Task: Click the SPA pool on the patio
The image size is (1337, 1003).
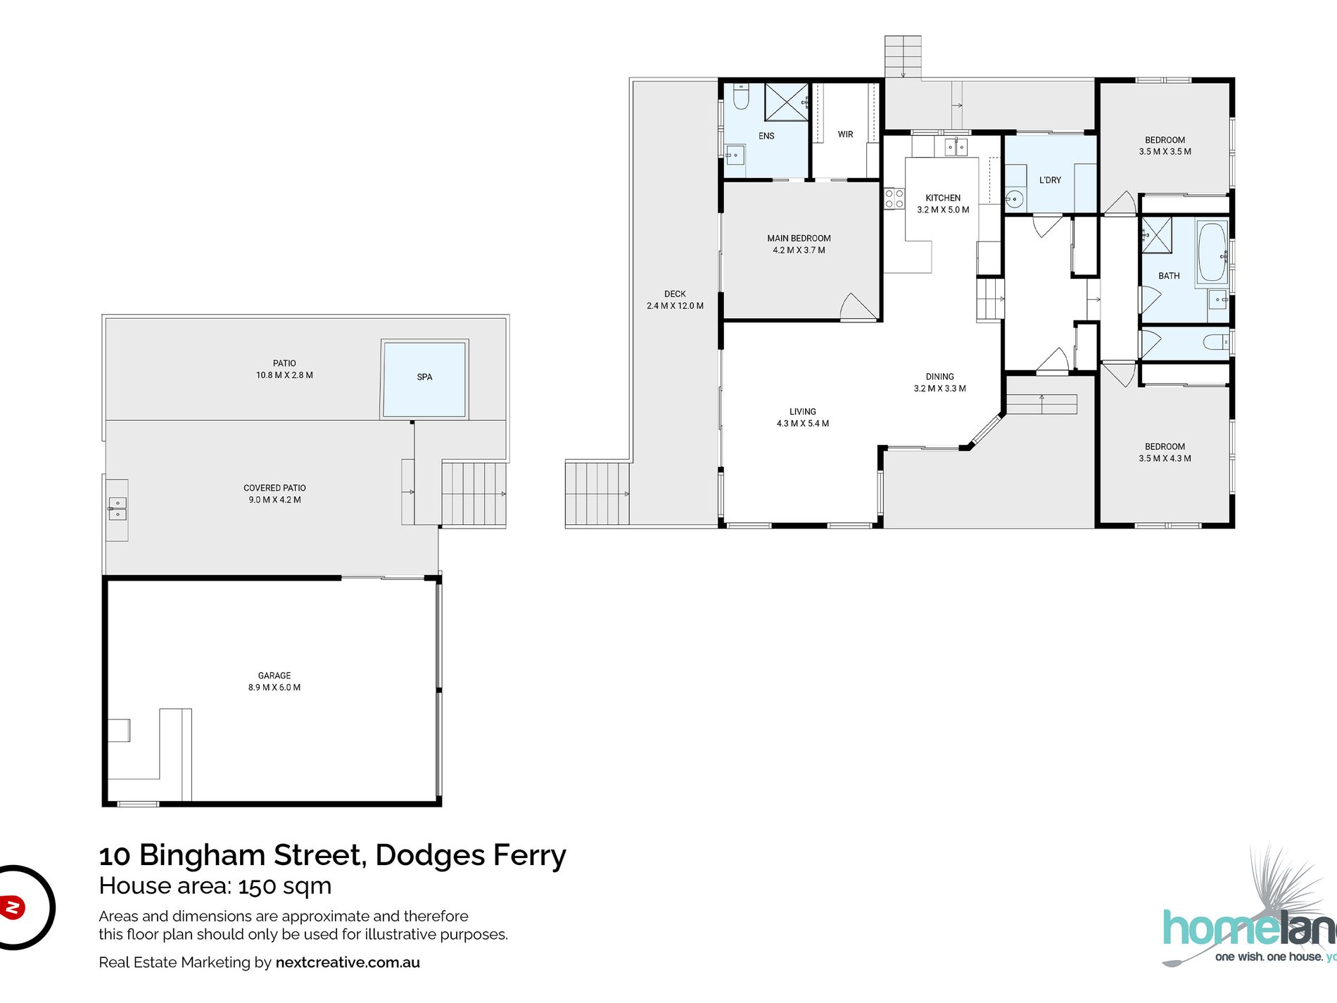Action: (x=424, y=379)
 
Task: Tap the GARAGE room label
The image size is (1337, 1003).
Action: (x=274, y=676)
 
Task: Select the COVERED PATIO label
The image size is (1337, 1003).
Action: (x=274, y=488)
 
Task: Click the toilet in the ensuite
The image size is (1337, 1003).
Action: (x=740, y=96)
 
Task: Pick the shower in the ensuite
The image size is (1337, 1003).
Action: (x=787, y=102)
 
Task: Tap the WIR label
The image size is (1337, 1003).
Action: (x=845, y=134)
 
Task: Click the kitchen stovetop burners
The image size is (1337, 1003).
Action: (x=894, y=198)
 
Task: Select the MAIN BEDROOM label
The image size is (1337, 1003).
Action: (x=799, y=239)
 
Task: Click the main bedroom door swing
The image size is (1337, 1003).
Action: (x=858, y=307)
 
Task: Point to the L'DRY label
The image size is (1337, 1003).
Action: (x=1050, y=180)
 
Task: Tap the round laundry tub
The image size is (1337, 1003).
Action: (x=1014, y=199)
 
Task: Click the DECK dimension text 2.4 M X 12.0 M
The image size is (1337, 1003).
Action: (x=675, y=305)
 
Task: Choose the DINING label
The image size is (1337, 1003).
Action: (x=939, y=377)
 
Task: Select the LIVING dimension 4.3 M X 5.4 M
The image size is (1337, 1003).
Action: (x=802, y=424)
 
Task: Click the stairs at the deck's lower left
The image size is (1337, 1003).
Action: (x=597, y=493)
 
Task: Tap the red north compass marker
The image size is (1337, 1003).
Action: (x=12, y=907)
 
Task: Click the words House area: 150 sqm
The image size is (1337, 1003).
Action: (x=215, y=885)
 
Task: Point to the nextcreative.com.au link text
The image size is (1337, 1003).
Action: (x=348, y=962)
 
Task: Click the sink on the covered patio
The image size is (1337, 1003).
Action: (x=118, y=508)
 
